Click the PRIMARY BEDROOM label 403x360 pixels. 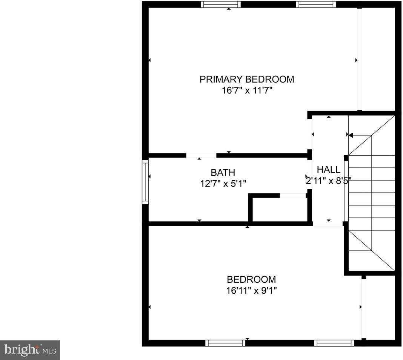click(247, 80)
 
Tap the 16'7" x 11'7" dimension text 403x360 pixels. click(247, 91)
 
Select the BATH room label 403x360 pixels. click(223, 173)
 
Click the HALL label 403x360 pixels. click(328, 170)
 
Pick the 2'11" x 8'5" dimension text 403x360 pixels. click(328, 181)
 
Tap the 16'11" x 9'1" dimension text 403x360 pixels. click(251, 291)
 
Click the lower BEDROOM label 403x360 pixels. click(251, 280)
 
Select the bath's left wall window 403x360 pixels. click(145, 182)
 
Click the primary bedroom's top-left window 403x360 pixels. click(220, 5)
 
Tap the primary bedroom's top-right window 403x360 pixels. click(316, 5)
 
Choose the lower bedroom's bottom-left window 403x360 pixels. click(225, 343)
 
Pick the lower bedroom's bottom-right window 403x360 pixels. click(334, 343)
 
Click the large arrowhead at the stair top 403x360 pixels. click(351, 135)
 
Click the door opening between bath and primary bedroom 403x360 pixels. click(201, 155)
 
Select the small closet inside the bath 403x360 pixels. click(280, 210)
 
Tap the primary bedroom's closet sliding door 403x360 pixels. click(360, 60)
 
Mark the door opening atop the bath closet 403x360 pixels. click(292, 196)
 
